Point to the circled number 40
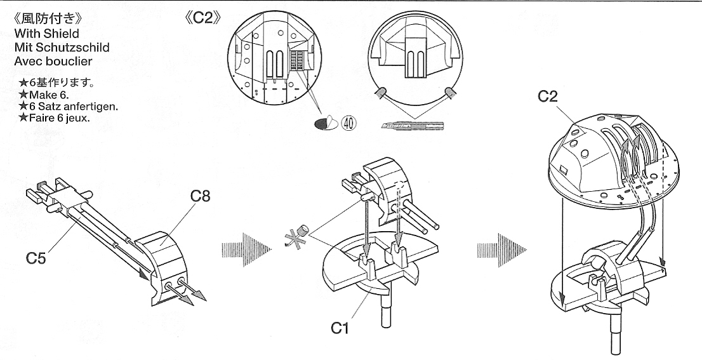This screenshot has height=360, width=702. (347, 123)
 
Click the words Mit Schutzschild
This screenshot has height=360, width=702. (56, 48)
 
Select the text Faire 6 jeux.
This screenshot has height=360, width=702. (54, 117)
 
